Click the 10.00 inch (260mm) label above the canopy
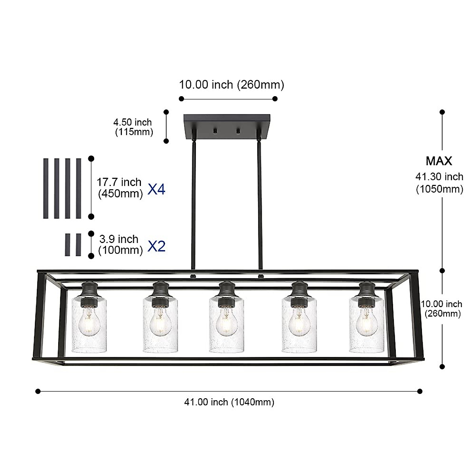(232, 85)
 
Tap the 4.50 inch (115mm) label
(133, 127)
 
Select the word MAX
(439, 161)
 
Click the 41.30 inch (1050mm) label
(439, 183)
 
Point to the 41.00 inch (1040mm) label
(229, 402)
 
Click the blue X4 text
(156, 190)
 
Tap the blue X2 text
(156, 246)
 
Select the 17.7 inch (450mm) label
(120, 188)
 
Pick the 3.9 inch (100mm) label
(120, 245)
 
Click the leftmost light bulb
(89, 323)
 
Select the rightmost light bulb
(366, 323)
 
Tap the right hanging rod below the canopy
(260, 206)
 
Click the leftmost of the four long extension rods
(46, 188)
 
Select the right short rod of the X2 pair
(78, 245)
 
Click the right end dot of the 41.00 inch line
(420, 391)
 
